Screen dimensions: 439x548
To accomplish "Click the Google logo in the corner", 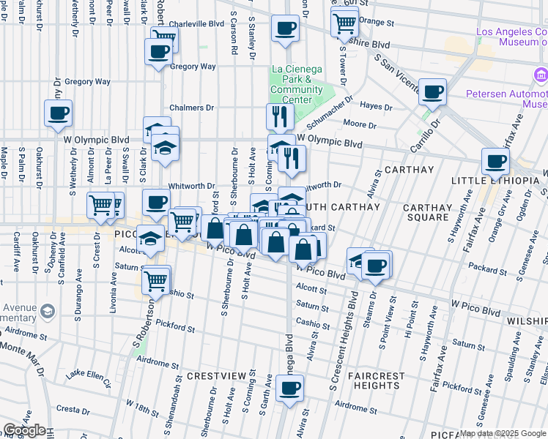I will point(24,430).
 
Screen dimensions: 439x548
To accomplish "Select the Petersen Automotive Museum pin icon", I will point(541,75).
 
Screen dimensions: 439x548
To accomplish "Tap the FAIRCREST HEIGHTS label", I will point(376,380).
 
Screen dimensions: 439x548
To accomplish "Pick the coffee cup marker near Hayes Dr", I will point(432,91).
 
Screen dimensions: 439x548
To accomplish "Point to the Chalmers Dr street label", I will point(191,108).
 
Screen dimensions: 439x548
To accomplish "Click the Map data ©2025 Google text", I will point(502,434).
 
